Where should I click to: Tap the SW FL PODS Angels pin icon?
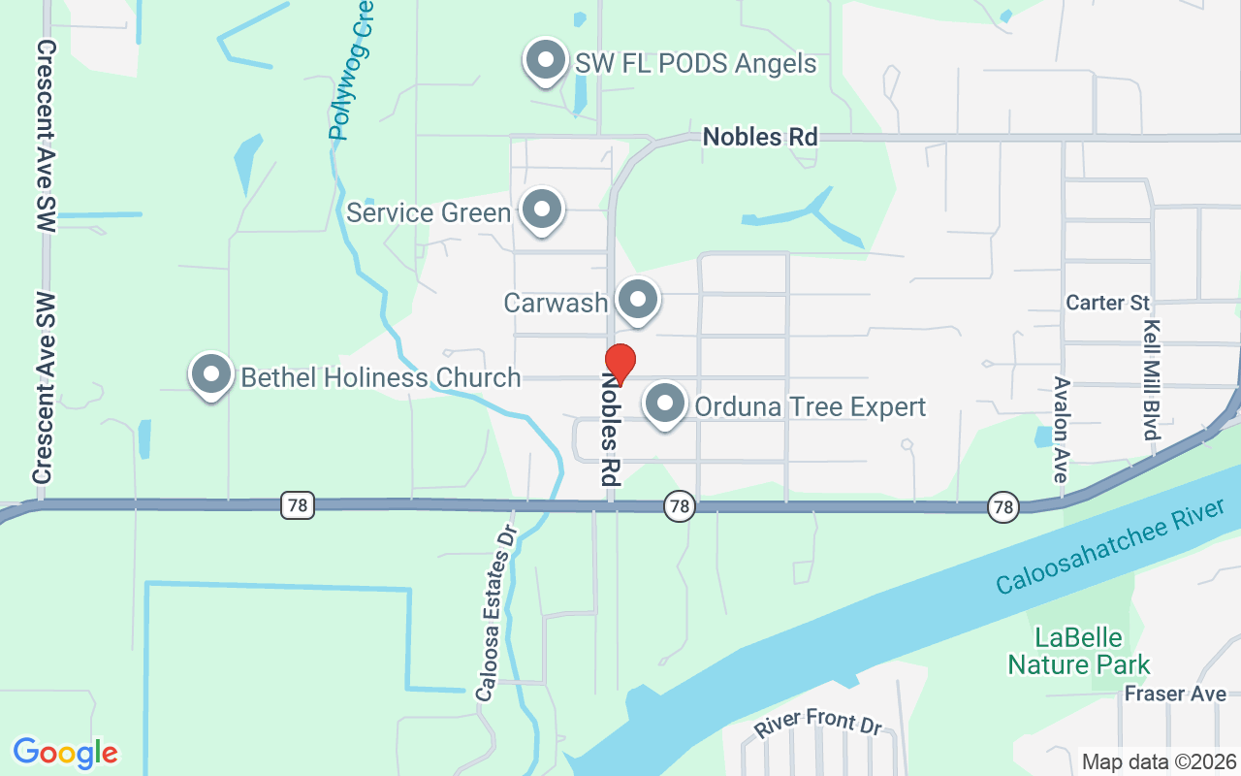coord(545,60)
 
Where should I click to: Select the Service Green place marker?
coord(541,210)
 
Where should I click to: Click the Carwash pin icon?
coord(637,300)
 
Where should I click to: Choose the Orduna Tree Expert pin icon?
coord(665,404)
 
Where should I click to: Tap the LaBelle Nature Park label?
coord(1078,651)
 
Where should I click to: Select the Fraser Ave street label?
coord(1175,694)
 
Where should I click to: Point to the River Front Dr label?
coord(819,723)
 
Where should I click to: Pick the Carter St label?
coord(1107,303)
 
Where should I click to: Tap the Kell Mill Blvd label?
coord(1151,380)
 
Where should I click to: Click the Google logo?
coord(65,752)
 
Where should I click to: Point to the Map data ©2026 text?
coord(1159,761)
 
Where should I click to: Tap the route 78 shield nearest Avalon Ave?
coord(1003,505)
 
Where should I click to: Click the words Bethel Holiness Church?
coord(380,377)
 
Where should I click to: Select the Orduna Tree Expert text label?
coord(810,406)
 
